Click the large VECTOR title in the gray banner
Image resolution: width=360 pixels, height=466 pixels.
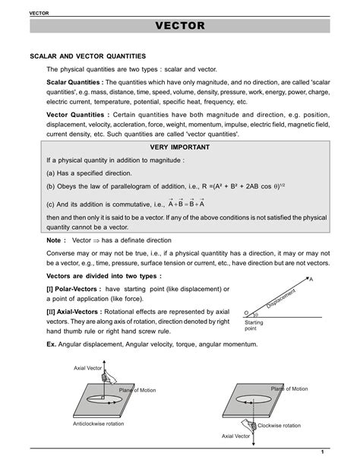click(180, 27)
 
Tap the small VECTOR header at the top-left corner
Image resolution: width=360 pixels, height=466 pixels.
click(17, 6)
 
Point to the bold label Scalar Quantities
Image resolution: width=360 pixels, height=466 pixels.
click(74, 82)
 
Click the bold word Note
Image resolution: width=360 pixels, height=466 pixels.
click(55, 239)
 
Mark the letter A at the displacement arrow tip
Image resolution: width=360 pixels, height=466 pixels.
click(332, 279)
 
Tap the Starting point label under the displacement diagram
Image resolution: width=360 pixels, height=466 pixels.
click(254, 326)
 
